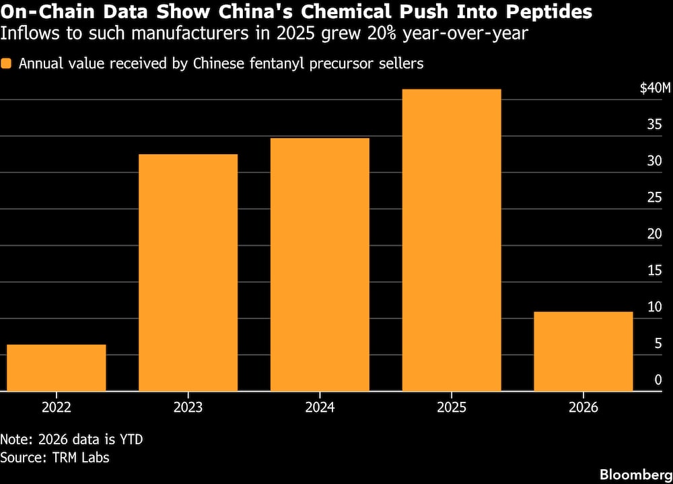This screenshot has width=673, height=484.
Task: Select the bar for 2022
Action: click(57, 368)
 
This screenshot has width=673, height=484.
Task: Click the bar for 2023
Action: click(188, 273)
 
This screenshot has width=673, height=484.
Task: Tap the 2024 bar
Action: click(320, 265)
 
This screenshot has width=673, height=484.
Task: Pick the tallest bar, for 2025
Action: click(452, 240)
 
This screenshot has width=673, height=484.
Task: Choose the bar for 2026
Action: click(583, 351)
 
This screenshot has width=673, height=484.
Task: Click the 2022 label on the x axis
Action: click(57, 407)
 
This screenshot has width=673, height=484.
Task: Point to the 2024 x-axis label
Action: click(320, 407)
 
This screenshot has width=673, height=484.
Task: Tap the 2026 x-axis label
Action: click(583, 407)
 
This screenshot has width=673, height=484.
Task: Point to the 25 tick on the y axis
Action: click(655, 197)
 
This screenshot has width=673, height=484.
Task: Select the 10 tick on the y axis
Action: click(655, 307)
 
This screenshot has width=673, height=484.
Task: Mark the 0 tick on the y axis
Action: click(658, 380)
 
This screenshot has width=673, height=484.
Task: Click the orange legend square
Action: click(6, 63)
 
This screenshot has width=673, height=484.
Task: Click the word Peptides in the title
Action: click(549, 11)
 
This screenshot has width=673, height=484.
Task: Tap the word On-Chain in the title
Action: click(48, 11)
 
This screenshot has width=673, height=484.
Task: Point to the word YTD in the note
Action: click(131, 440)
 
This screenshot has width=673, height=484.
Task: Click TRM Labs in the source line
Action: click(81, 457)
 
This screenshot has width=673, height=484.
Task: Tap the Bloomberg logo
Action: click(636, 475)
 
